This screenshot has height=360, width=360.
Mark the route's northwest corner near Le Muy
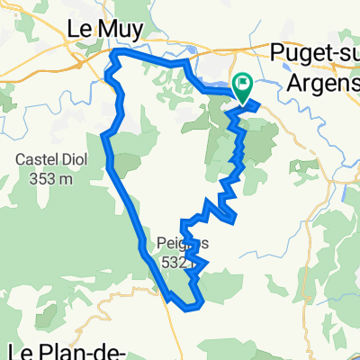pos(113,55)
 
